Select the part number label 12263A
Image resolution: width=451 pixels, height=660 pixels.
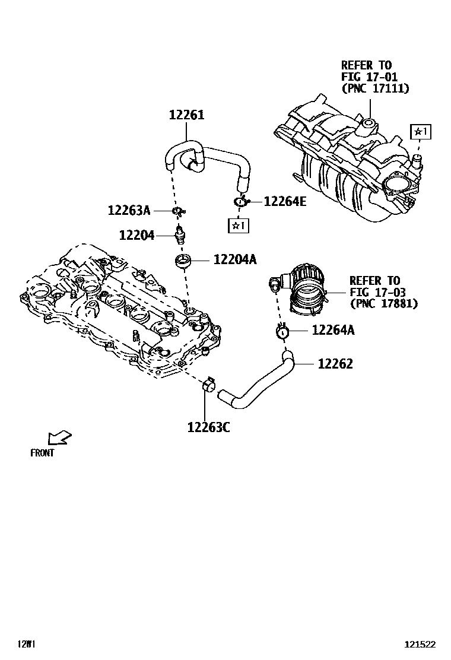[x=129, y=210]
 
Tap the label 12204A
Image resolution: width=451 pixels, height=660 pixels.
[x=235, y=259]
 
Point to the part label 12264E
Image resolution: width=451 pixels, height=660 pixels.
[x=285, y=202]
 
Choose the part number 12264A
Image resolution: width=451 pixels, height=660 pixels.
[x=333, y=331]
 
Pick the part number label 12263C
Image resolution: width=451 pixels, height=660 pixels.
[x=208, y=427]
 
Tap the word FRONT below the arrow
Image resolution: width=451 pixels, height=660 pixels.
[x=42, y=453]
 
